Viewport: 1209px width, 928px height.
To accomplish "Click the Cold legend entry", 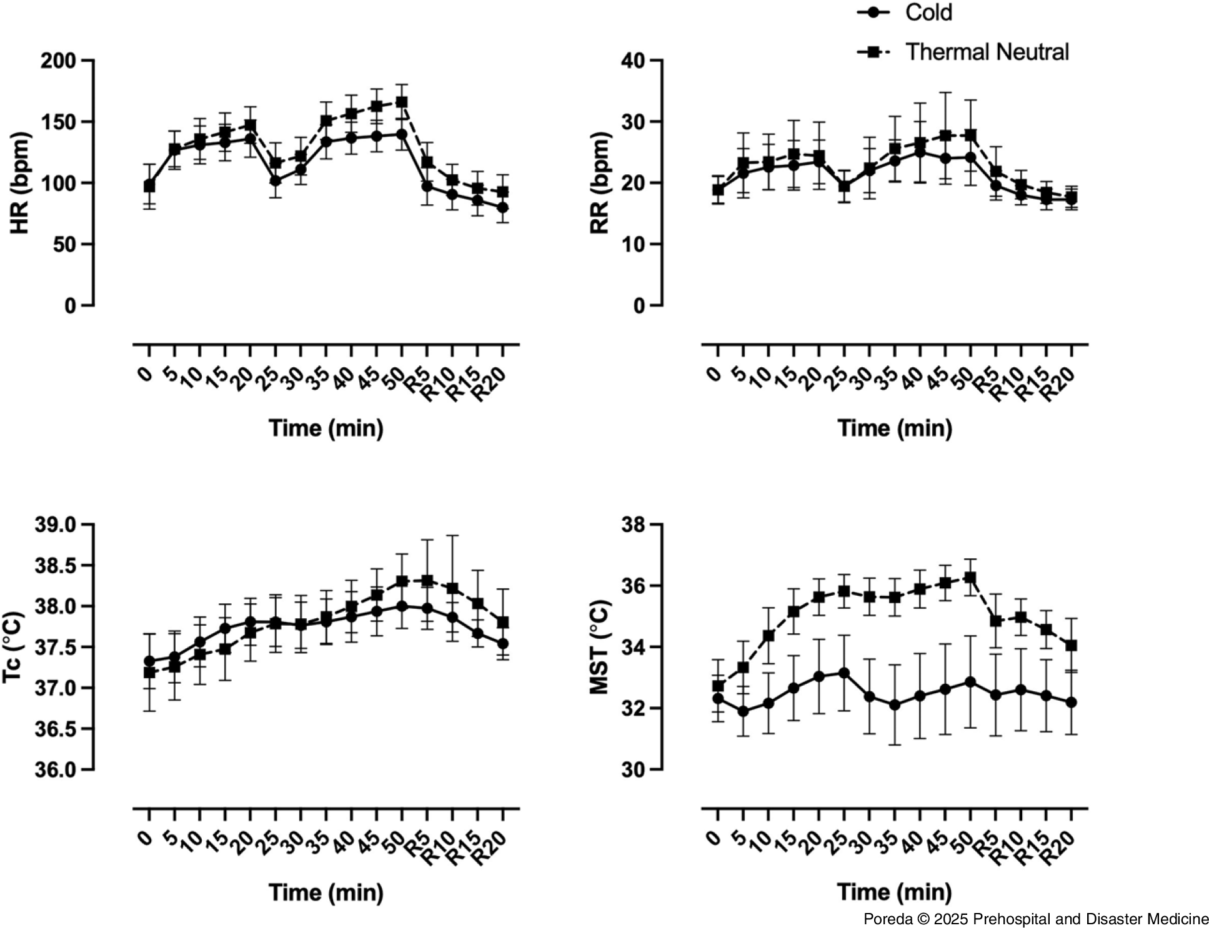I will point(928,12).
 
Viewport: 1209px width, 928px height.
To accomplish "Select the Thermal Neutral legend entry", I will point(987,52).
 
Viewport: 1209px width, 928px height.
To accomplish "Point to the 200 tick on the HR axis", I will point(57,61).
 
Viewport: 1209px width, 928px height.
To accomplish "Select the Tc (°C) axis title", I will point(14,647).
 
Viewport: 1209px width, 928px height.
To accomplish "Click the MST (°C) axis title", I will point(599,647).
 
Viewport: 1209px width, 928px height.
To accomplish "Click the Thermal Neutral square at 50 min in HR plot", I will point(402,102).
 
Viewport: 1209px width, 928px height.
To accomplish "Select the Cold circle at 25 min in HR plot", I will point(276,180).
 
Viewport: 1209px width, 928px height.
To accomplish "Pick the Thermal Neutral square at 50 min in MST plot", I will point(970,578).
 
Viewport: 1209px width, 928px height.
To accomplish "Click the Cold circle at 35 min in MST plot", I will point(895,704).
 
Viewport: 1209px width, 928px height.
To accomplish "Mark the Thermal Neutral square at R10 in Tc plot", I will point(452,588).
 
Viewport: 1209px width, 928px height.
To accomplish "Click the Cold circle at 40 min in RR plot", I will point(920,152).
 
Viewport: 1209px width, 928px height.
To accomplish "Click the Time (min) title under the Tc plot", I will point(326,892).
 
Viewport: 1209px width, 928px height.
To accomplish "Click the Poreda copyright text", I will point(1036,919).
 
